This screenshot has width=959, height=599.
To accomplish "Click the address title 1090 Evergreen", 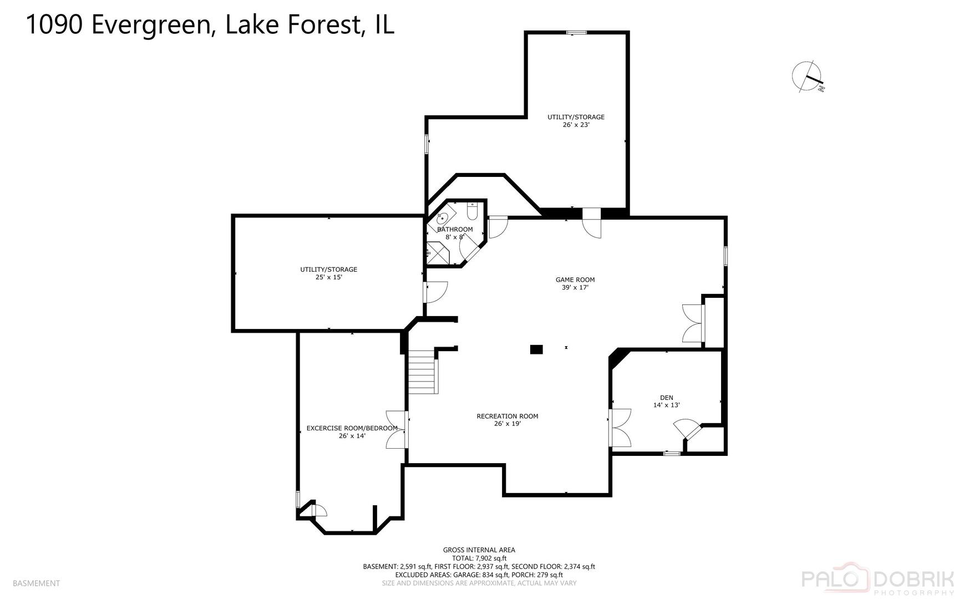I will pyautogui.click(x=210, y=25).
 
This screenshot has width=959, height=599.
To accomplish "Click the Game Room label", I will pyautogui.click(x=575, y=280).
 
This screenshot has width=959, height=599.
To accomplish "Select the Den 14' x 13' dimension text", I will pyautogui.click(x=666, y=405).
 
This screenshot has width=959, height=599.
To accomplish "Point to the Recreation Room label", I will pyautogui.click(x=507, y=417).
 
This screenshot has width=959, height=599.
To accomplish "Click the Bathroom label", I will pyautogui.click(x=455, y=230).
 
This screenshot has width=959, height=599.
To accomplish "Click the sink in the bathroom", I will pyautogui.click(x=443, y=217).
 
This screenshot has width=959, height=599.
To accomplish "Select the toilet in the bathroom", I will pyautogui.click(x=472, y=211).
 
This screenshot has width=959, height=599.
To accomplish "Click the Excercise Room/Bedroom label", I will pyautogui.click(x=352, y=428).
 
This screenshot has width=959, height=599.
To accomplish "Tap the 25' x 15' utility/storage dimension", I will pyautogui.click(x=328, y=277).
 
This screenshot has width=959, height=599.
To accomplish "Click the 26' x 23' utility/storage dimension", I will pyautogui.click(x=575, y=125).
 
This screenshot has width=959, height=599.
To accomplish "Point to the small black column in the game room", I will pyautogui.click(x=536, y=349).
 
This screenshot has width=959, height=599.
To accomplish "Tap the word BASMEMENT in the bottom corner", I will pyautogui.click(x=36, y=583).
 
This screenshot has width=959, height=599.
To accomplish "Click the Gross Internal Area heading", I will pyautogui.click(x=479, y=550).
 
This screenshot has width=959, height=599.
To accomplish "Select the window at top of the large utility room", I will pyautogui.click(x=576, y=33).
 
